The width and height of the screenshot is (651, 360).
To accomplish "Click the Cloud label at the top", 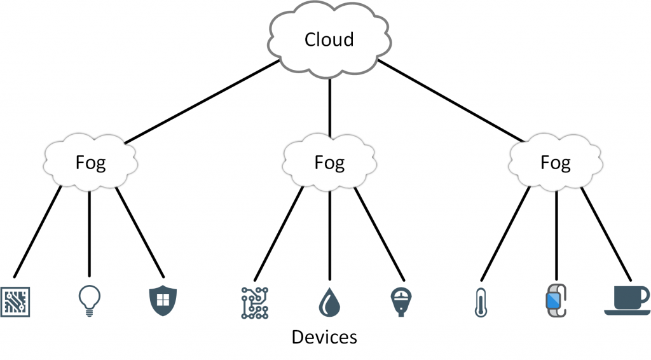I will pyautogui.click(x=329, y=39).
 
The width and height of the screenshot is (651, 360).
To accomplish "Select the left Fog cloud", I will pyautogui.click(x=90, y=163).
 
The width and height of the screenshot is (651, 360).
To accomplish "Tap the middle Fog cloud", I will pyautogui.click(x=329, y=163).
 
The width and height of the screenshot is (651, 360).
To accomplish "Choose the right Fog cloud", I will pyautogui.click(x=556, y=163).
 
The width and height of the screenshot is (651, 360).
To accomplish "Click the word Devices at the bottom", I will pyautogui.click(x=324, y=336).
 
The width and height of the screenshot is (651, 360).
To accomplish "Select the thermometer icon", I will pyautogui.click(x=480, y=302).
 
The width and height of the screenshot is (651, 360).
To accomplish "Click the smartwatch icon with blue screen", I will pyautogui.click(x=555, y=301).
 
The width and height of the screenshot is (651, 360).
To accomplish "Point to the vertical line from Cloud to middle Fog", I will pyautogui.click(x=329, y=105).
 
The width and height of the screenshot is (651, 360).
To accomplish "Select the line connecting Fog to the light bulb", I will pyautogui.click(x=89, y=235).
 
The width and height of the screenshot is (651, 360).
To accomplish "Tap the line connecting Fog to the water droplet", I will pyautogui.click(x=329, y=235).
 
